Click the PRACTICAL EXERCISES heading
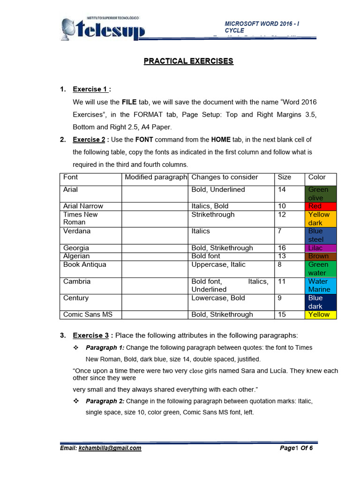tap(188, 61)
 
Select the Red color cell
tap(321, 206)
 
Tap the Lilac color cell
tap(321, 248)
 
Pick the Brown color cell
tap(321, 256)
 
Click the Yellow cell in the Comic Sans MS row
tap(321, 315)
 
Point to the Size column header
tap(284, 177)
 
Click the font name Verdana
tap(77, 231)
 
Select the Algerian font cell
tap(76, 256)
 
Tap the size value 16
tap(282, 248)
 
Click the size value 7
tap(280, 231)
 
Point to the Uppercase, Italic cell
tap(218, 264)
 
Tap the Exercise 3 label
tap(91, 336)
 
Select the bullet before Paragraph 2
tap(75, 401)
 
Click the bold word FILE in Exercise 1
tap(129, 102)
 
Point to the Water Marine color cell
tap(321, 285)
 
